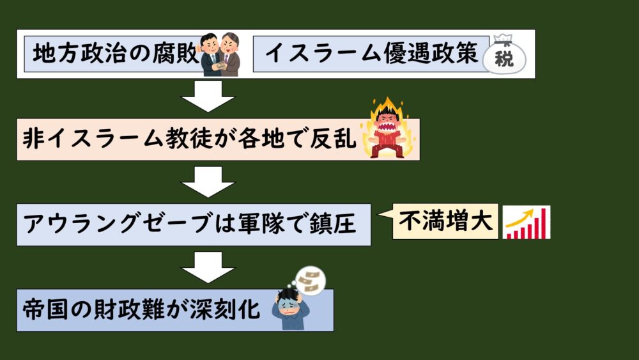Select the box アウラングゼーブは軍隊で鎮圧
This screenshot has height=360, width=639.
[x=192, y=224]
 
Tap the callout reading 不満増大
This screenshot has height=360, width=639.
[x=445, y=222]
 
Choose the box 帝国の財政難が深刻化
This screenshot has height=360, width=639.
[x=141, y=310]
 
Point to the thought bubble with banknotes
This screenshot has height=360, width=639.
[x=312, y=280]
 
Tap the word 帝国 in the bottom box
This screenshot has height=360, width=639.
[x=42, y=310]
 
